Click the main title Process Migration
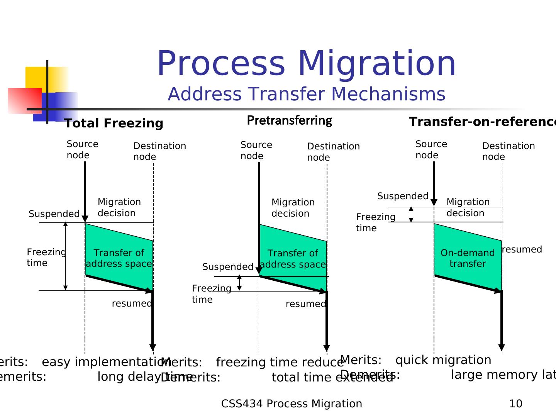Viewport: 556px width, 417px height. pyautogui.click(x=306, y=64)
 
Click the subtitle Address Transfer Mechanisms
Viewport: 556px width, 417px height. pyautogui.click(x=306, y=94)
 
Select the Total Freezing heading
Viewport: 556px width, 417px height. pyautogui.click(x=114, y=124)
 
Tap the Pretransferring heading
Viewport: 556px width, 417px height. pyautogui.click(x=289, y=120)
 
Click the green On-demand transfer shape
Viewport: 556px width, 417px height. pyautogui.click(x=468, y=258)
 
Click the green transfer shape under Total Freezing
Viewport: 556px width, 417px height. pyautogui.click(x=119, y=258)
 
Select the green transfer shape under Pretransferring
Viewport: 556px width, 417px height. pyautogui.click(x=293, y=258)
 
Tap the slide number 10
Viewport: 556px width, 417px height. pyautogui.click(x=515, y=404)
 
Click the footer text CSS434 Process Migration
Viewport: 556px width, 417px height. pyautogui.click(x=292, y=404)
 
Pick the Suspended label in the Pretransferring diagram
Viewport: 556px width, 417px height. pyautogui.click(x=228, y=267)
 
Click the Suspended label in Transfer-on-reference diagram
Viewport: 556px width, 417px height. pyautogui.click(x=403, y=196)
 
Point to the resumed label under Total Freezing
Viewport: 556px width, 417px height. pyautogui.click(x=132, y=304)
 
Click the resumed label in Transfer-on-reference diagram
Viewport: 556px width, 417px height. pyautogui.click(x=522, y=249)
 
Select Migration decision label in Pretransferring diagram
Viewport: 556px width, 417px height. pyautogui.click(x=293, y=208)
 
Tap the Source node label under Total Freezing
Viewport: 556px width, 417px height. pyautogui.click(x=82, y=149)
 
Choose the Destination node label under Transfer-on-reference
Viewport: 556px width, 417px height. pyautogui.click(x=508, y=151)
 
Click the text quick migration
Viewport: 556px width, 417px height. pyautogui.click(x=443, y=360)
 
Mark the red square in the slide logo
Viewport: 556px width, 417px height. pyautogui.click(x=24, y=101)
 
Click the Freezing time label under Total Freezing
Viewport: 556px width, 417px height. pyautogui.click(x=46, y=258)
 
